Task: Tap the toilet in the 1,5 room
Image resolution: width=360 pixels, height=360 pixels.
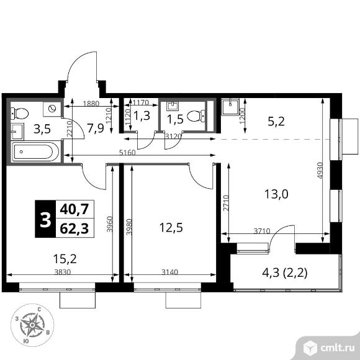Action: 197,115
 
